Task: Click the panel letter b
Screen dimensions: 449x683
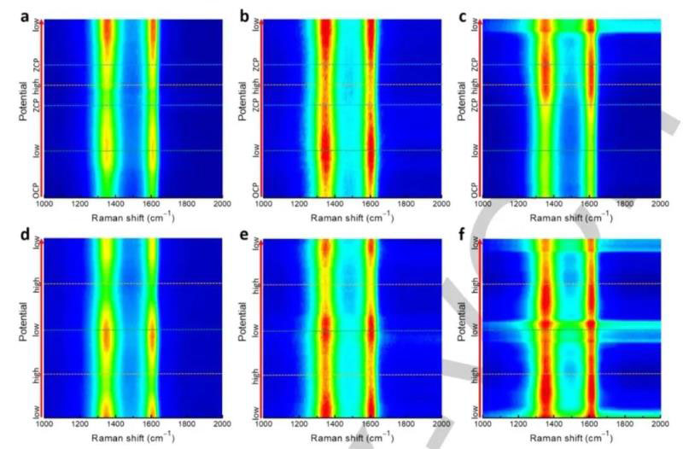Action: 246,15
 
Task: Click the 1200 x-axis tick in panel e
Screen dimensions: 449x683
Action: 299,423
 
